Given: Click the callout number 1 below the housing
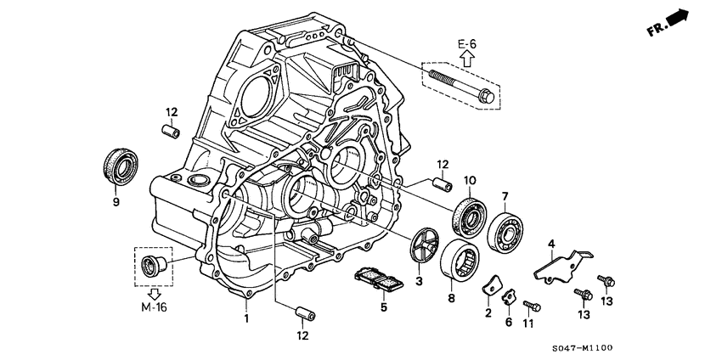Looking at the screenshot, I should coord(246,319).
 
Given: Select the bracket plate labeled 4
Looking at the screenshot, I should coord(561,264).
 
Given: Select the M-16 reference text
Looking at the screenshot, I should coord(154,307).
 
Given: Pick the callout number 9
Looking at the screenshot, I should coord(116,202).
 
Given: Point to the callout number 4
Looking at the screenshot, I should coord(551,245).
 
